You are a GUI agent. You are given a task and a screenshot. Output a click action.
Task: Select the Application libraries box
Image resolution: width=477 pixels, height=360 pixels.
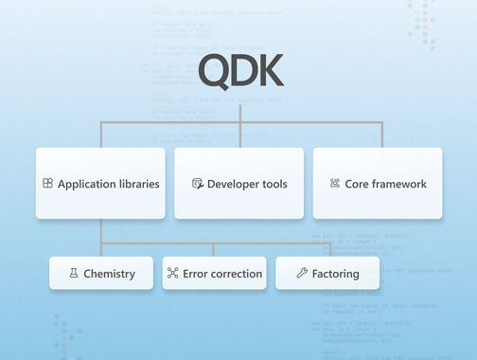100,184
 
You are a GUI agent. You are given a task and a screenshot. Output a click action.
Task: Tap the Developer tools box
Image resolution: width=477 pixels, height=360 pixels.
238,184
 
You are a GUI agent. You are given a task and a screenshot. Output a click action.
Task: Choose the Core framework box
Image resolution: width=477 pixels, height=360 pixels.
378,184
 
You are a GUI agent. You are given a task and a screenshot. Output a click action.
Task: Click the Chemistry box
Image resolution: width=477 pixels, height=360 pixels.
100,274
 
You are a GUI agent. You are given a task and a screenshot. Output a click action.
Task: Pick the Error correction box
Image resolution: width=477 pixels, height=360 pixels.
214,274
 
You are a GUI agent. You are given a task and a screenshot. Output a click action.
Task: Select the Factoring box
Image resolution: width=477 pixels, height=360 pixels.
327,274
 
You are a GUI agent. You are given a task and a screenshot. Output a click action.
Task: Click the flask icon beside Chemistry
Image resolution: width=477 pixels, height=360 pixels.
73,274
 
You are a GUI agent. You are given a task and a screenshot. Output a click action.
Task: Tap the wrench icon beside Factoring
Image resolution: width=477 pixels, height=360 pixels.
301,274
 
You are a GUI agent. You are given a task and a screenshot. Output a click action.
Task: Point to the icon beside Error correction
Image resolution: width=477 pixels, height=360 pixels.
172,274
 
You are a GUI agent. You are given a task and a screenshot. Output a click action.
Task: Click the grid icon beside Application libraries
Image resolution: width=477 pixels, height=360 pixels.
47,184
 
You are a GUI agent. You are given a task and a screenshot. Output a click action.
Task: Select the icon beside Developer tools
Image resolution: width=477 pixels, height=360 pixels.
197,184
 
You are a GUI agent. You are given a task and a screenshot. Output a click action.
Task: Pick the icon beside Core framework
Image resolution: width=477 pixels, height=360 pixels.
335,184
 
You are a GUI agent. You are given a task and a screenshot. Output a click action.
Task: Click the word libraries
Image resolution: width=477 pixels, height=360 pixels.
136,184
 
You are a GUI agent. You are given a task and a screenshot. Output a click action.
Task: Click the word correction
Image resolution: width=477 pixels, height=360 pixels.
235,274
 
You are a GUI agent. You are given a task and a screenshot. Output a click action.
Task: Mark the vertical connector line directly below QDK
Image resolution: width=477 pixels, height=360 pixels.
239,112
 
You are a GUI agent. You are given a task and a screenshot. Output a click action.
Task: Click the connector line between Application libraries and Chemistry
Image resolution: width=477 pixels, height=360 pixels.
100,237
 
